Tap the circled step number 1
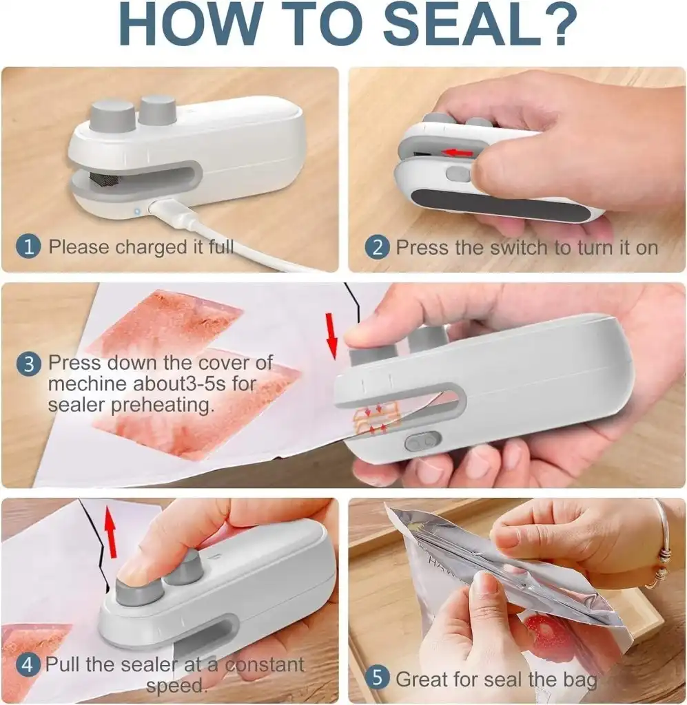29,246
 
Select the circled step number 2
376,247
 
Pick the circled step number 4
28,665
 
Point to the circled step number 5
376,677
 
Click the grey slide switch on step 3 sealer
422,441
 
